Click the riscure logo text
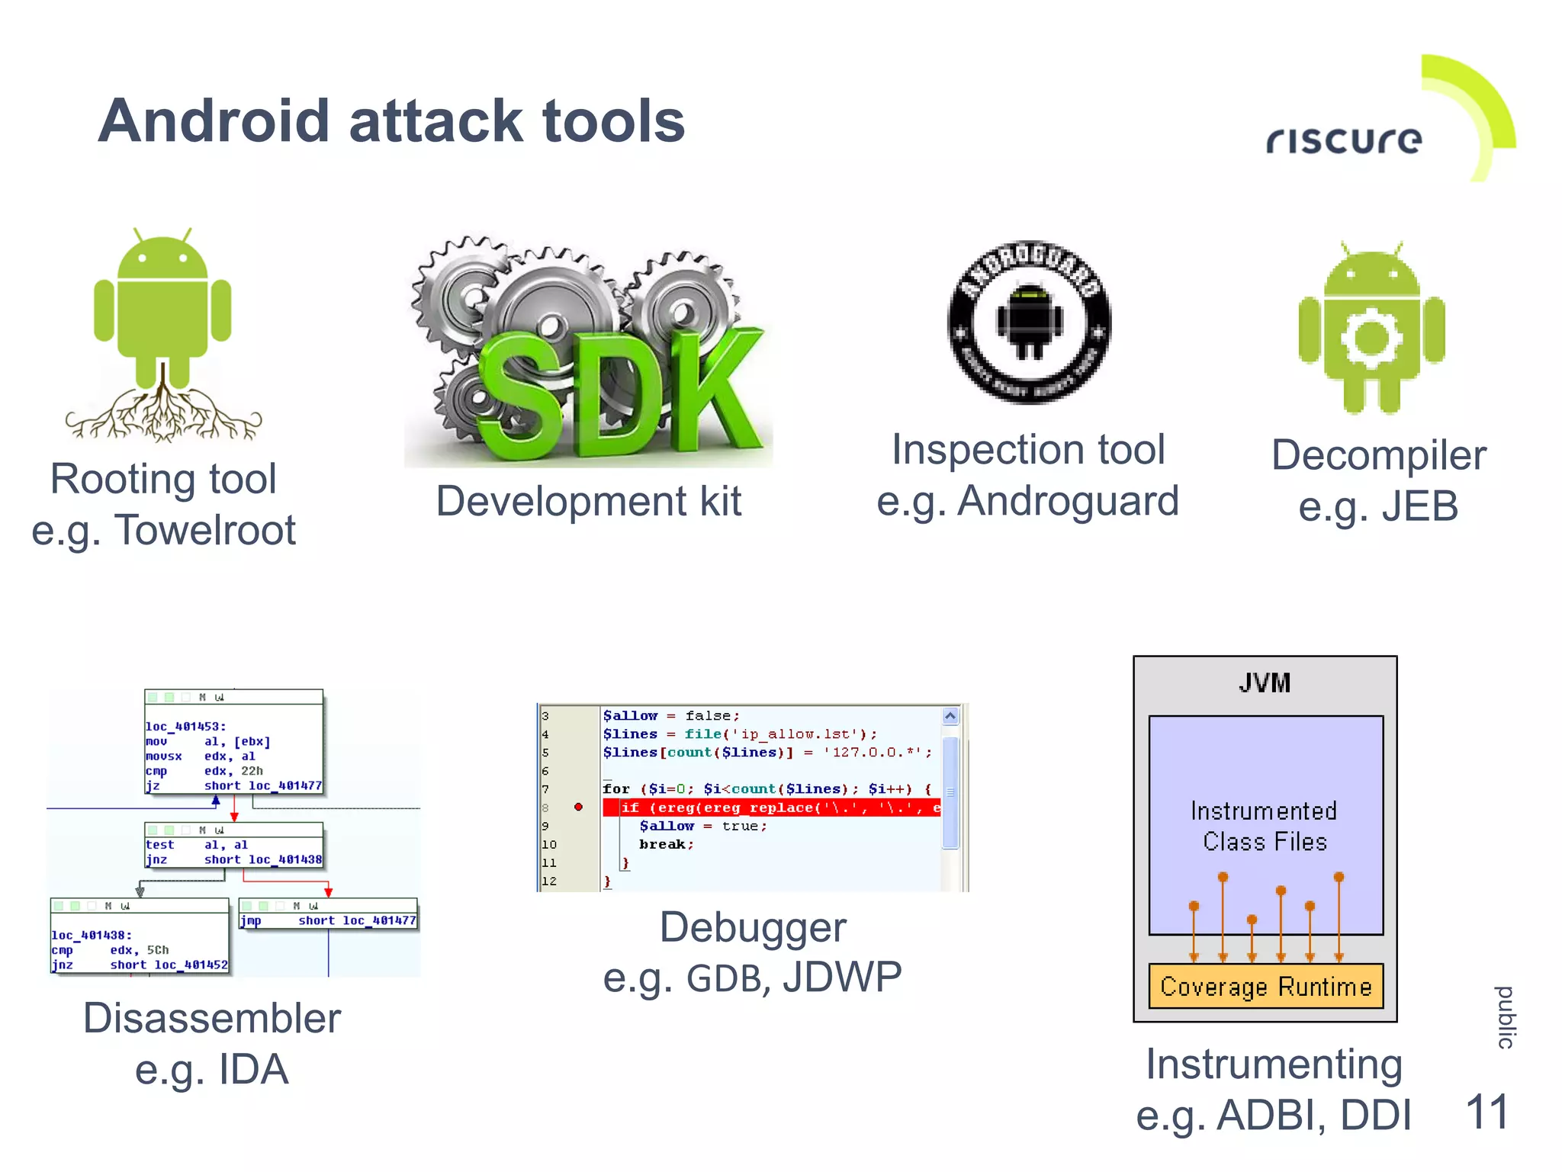pyautogui.click(x=1344, y=140)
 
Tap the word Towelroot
pyautogui.click(x=204, y=530)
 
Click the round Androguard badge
pyautogui.click(x=1029, y=323)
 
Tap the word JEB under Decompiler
pyautogui.click(x=1419, y=506)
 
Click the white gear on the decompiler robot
pyautogui.click(x=1371, y=338)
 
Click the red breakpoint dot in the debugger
pyautogui.click(x=578, y=807)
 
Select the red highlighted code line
pyautogui.click(x=770, y=808)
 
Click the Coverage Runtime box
pyautogui.click(x=1265, y=987)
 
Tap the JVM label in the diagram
pyautogui.click(x=1265, y=683)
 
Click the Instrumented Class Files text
pyautogui.click(x=1264, y=826)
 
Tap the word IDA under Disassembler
pyautogui.click(x=253, y=1069)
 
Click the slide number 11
pyautogui.click(x=1486, y=1113)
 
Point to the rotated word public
pyautogui.click(x=1505, y=1018)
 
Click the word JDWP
pyautogui.click(x=842, y=978)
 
